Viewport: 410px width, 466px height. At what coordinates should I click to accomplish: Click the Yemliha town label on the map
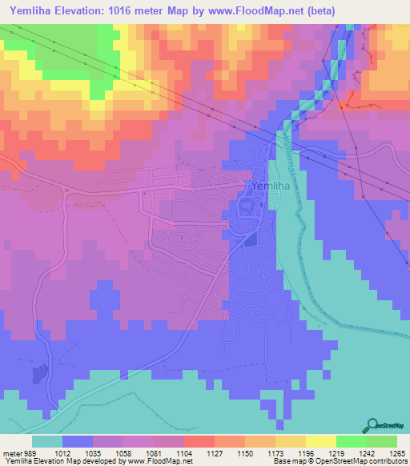pos(271,187)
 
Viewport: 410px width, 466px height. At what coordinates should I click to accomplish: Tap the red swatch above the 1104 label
pos(199,441)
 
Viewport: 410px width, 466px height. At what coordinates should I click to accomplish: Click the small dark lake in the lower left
pos(40,375)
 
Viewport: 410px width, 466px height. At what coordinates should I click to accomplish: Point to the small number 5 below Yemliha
pos(261,204)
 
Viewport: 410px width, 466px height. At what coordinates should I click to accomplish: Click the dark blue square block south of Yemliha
pos(251,239)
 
